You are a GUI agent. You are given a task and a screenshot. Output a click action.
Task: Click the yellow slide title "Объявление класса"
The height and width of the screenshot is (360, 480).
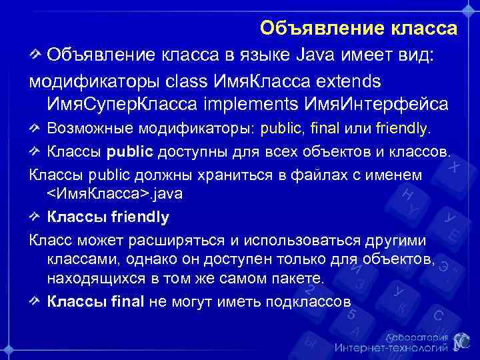pyautogui.click(x=359, y=28)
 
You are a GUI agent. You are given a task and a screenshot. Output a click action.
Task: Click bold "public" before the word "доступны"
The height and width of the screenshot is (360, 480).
pyautogui.click(x=131, y=151)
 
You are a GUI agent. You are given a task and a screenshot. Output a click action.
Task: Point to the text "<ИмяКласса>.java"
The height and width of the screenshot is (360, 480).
pyautogui.click(x=115, y=193)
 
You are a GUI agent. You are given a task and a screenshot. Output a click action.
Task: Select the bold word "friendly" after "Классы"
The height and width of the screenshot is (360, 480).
pyautogui.click(x=139, y=217)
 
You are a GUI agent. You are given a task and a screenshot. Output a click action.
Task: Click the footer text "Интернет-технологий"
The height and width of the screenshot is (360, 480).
pyautogui.click(x=390, y=347)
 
